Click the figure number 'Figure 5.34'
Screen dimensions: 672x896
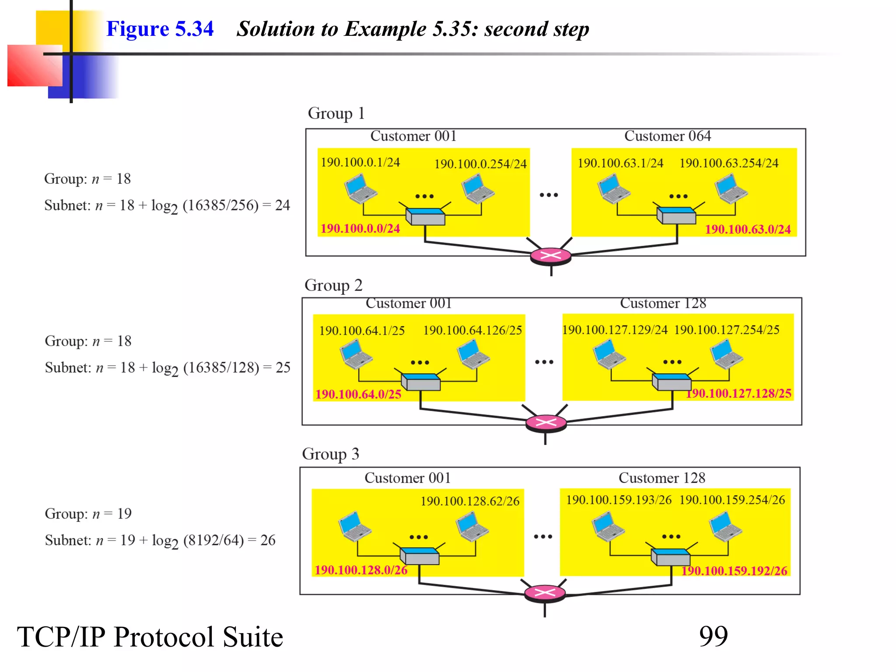160,29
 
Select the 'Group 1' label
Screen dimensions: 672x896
336,113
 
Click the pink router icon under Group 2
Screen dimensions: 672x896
546,423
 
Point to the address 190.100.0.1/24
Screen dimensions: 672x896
360,162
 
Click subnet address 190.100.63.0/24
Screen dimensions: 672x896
748,229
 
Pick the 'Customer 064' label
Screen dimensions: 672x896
667,136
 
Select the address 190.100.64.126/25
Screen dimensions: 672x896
472,330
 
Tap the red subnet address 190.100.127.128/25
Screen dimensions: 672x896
738,393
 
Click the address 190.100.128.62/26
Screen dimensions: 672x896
470,501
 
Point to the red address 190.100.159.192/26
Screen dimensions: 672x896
734,570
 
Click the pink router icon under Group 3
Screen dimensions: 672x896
545,593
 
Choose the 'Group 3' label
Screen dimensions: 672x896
330,454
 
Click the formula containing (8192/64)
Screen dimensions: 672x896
160,541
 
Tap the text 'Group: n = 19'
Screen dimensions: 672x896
88,514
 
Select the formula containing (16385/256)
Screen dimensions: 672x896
167,205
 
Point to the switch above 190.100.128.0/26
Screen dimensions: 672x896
419,556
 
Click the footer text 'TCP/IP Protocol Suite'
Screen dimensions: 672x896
150,637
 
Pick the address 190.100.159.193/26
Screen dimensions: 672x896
619,500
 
